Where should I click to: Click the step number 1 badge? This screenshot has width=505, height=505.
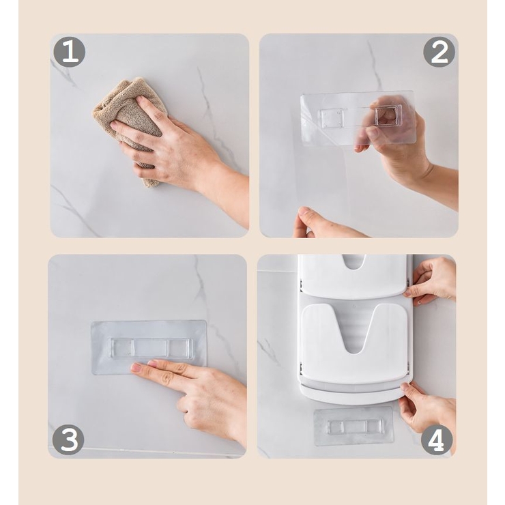point(69,52)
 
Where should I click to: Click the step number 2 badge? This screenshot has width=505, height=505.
point(439,52)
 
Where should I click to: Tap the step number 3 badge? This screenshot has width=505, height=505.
point(68,440)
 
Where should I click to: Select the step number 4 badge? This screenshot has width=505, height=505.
point(436,440)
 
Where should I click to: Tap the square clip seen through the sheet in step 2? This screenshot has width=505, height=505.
point(386,116)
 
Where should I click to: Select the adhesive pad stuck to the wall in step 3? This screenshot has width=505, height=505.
point(149,347)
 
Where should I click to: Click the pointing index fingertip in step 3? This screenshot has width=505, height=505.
point(136,367)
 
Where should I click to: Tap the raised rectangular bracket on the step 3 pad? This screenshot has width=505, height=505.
point(151,349)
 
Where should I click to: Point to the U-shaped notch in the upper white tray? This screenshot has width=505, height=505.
point(353,261)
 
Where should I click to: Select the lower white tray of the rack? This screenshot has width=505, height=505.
point(354,348)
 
